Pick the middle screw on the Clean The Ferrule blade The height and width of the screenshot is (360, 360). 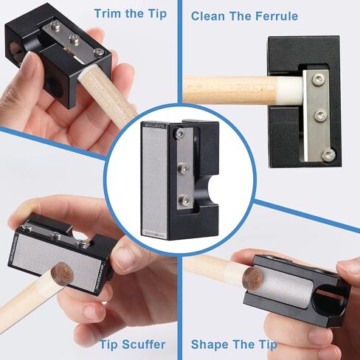pos(319,115)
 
